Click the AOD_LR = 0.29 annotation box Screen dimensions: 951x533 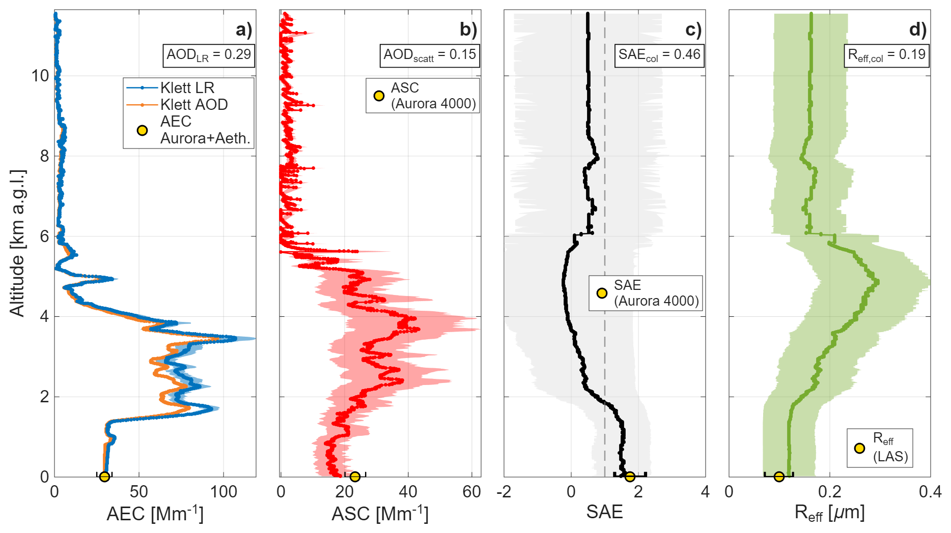[x=209, y=55]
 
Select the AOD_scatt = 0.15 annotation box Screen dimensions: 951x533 [x=430, y=55]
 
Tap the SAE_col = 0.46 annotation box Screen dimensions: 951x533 [x=659, y=55]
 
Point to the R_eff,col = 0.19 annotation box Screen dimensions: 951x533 [x=886, y=55]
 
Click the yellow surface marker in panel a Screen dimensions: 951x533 [x=104, y=477]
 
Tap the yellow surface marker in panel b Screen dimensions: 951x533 [x=355, y=477]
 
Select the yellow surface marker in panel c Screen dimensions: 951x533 [x=630, y=477]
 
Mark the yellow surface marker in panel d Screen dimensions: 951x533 [x=779, y=477]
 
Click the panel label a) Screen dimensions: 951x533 [x=244, y=29]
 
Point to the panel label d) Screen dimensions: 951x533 [x=918, y=29]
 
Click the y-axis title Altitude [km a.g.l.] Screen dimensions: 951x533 [x=17, y=243]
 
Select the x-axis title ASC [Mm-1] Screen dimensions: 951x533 [x=380, y=513]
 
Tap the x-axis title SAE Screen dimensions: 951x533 [x=604, y=512]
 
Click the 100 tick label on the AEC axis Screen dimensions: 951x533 [x=223, y=492]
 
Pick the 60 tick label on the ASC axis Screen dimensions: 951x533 [x=472, y=492]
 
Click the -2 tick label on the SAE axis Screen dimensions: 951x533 [x=504, y=492]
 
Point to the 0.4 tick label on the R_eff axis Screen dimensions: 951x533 [x=930, y=492]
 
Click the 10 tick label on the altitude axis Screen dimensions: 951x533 [x=40, y=76]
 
